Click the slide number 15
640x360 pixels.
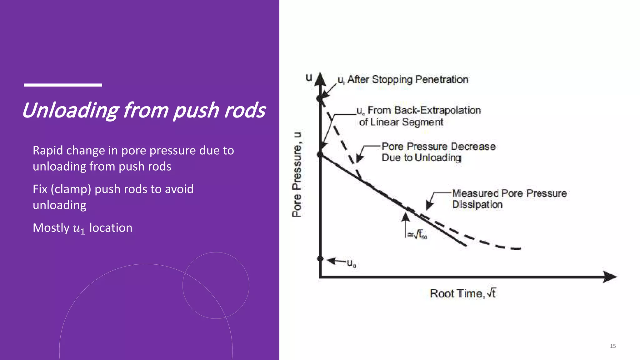[x=612, y=346]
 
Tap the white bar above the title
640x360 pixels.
[x=63, y=85]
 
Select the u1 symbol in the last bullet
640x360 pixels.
[x=78, y=228]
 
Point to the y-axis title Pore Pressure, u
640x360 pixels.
[x=297, y=174]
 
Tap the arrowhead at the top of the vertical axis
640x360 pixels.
[x=320, y=79]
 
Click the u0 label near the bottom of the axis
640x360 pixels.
[x=351, y=263]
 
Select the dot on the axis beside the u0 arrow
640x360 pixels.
[x=320, y=258]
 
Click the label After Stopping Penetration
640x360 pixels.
[x=407, y=79]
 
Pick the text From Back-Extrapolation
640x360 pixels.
[x=424, y=110]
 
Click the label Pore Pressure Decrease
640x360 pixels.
[x=438, y=147]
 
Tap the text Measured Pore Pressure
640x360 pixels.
[x=509, y=193]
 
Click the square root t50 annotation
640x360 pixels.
[x=417, y=234]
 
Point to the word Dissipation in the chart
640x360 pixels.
[x=477, y=204]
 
